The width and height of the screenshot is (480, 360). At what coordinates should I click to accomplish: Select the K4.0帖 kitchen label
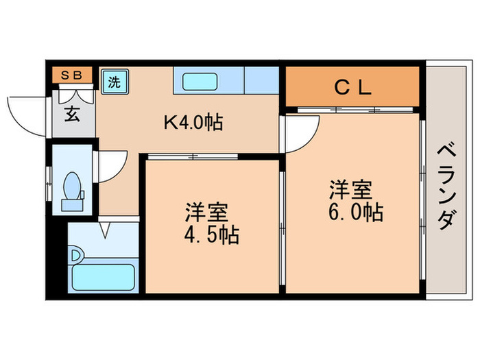(x=192, y=123)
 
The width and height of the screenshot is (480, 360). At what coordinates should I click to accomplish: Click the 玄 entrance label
(x=72, y=113)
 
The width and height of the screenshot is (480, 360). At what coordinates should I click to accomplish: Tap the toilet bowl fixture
(x=72, y=188)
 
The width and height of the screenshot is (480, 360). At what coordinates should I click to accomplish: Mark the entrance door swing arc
(x=27, y=113)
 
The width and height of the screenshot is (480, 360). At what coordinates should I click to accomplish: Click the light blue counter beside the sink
(x=261, y=81)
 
